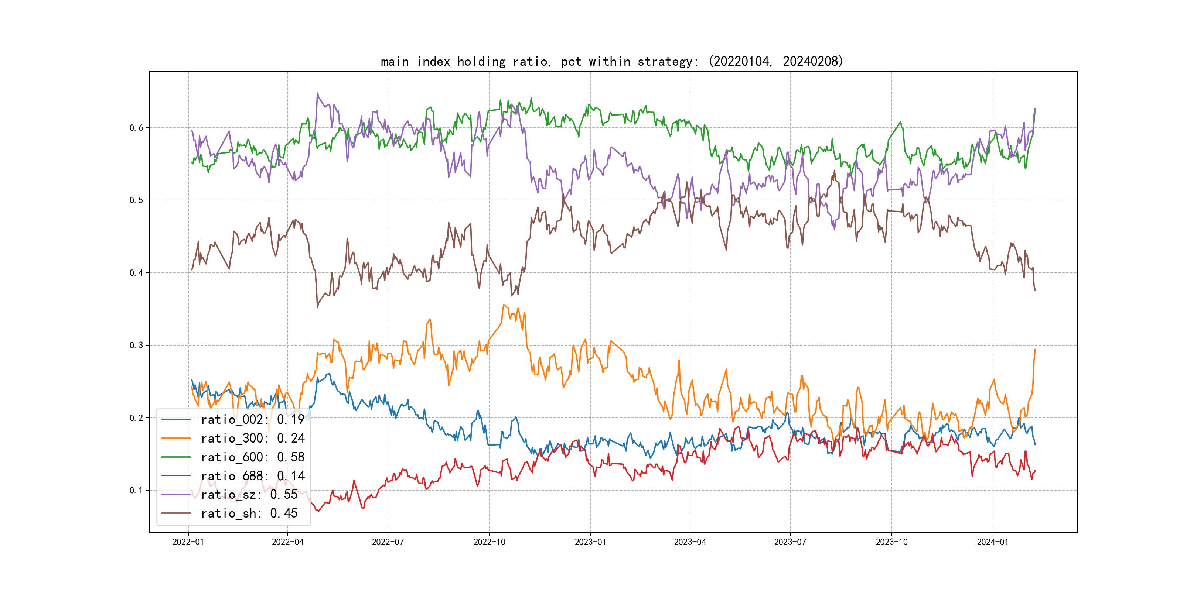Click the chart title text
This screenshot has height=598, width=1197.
(x=611, y=61)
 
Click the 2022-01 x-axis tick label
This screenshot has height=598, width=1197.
(x=188, y=542)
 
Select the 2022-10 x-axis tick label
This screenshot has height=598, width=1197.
(x=489, y=542)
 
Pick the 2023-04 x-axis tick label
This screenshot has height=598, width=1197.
(x=690, y=542)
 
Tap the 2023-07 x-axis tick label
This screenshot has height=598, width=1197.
(x=790, y=542)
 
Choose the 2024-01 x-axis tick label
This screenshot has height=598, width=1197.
(x=993, y=542)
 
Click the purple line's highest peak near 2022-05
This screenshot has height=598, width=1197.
(x=317, y=93)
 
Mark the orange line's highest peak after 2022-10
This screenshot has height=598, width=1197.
(x=504, y=305)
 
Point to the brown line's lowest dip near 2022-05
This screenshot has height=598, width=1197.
(x=317, y=307)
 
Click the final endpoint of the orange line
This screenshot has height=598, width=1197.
(x=1035, y=350)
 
